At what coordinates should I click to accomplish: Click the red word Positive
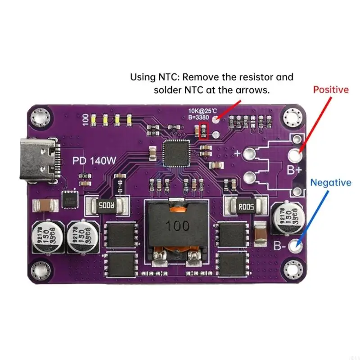331,90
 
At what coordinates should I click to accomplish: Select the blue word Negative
331,183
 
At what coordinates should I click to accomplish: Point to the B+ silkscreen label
294,171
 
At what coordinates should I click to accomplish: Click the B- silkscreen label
281,246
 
